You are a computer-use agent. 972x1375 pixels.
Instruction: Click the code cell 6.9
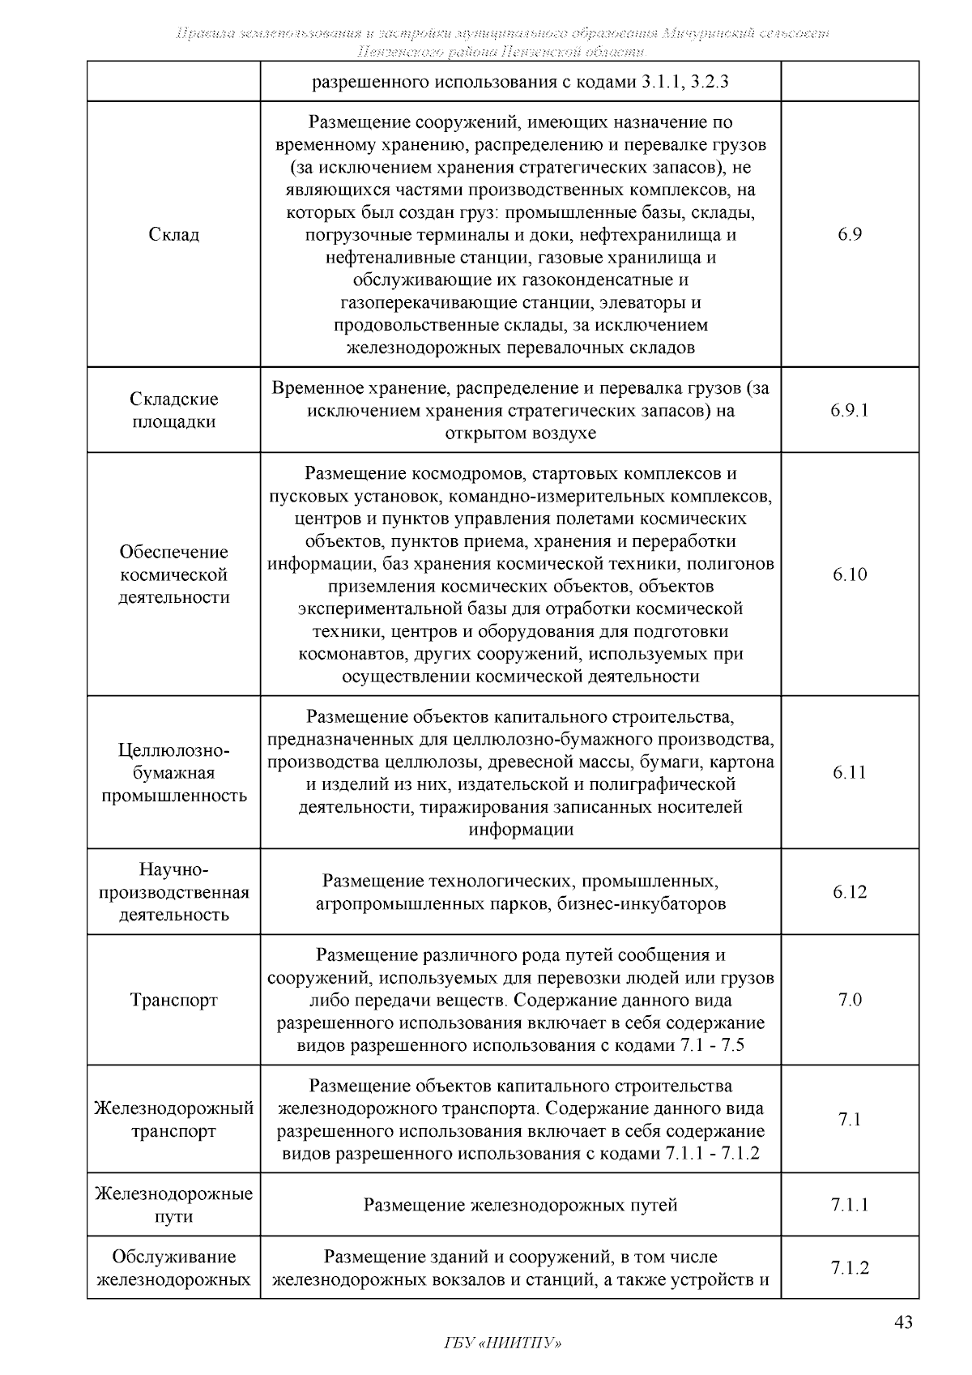850,235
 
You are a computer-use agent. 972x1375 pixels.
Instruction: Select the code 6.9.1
850,410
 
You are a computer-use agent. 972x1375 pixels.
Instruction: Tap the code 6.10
850,574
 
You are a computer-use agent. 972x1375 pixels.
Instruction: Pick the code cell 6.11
850,772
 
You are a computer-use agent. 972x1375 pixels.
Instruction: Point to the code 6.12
850,892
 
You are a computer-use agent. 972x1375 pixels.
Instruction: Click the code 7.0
850,1000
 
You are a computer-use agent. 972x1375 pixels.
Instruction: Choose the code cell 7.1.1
850,1205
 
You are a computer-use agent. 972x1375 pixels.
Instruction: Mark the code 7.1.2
850,1268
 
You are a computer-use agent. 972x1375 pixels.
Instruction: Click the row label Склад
174,235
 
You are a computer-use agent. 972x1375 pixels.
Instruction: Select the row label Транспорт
174,1000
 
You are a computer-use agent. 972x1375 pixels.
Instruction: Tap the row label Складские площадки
174,410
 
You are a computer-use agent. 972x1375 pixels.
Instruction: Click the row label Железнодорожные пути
174,1205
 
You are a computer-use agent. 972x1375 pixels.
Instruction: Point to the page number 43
903,1323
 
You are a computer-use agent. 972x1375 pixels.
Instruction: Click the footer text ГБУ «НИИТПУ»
503,1343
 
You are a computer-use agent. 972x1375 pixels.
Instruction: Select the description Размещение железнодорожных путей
520,1206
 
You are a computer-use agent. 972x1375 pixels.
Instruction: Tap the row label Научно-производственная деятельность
174,892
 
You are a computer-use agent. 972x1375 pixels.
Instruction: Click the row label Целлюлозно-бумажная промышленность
174,772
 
